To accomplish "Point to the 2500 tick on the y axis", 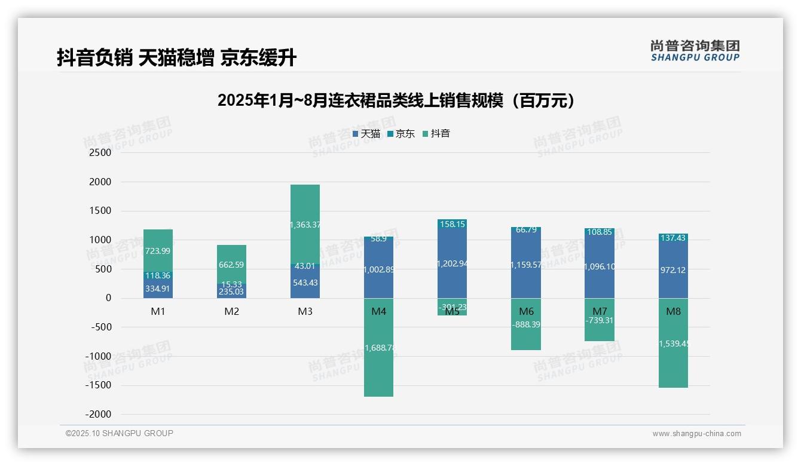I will click(x=100, y=153).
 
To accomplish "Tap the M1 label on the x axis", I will click(x=158, y=312).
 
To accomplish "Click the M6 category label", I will click(x=526, y=312).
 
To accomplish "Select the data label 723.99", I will click(x=158, y=252).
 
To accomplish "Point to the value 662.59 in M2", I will click(x=231, y=265).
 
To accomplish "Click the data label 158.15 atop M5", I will click(x=452, y=225).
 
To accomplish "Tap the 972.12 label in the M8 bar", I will click(x=673, y=271).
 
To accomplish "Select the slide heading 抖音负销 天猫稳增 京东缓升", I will click(x=176, y=58).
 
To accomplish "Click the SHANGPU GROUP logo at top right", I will click(x=695, y=51).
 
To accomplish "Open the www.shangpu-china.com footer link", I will click(x=696, y=434).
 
